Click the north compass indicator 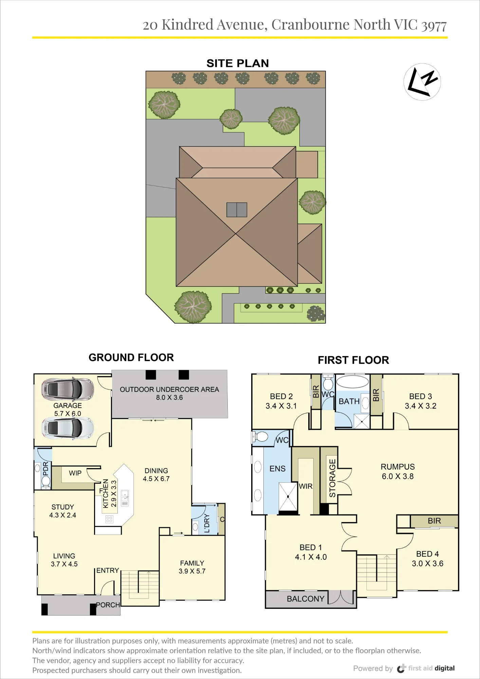coord(422,82)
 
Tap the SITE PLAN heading coord(238,63)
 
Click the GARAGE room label coord(68,405)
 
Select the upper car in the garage coord(68,389)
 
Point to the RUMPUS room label coord(398,467)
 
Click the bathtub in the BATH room coord(352,382)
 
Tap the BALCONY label coord(306,599)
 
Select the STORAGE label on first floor coord(332,478)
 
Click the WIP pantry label coord(75,473)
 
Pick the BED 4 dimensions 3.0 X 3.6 coord(428,564)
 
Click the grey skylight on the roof coord(237,210)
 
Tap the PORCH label coord(108,605)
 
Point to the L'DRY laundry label coord(207,523)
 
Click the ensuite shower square coord(288,496)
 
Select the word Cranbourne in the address coord(311,25)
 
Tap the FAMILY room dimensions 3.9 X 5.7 coord(192,571)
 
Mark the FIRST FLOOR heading coord(353,360)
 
